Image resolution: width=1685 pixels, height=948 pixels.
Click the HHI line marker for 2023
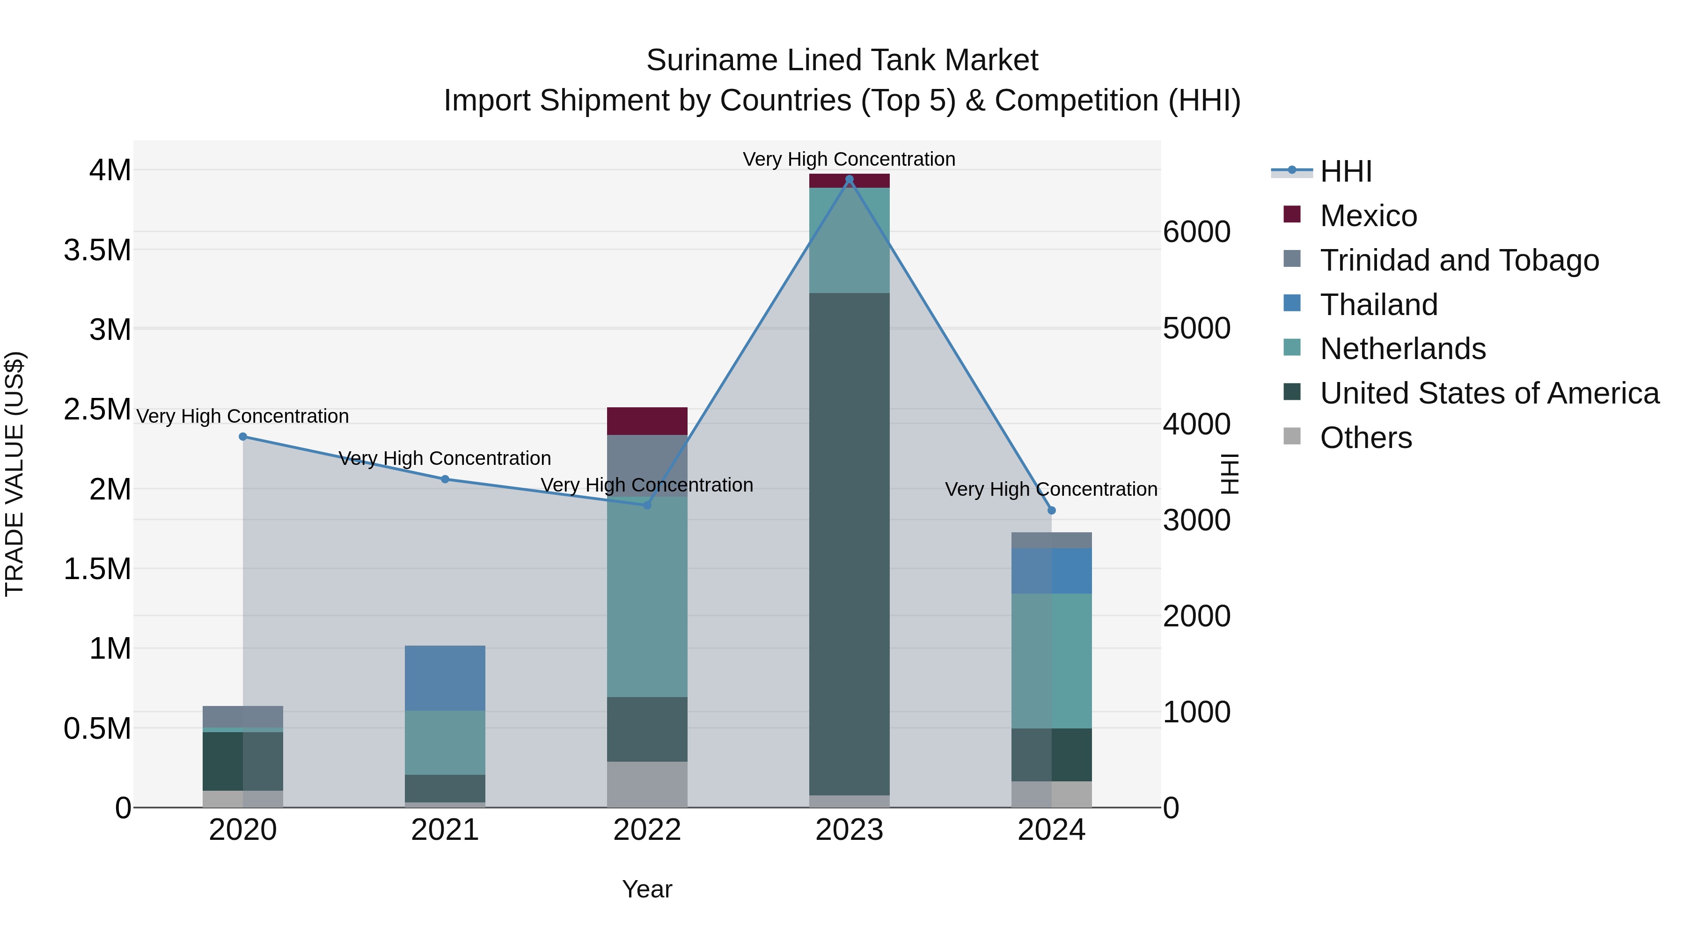[x=849, y=179]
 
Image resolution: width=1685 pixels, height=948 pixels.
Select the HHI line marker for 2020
[x=242, y=436]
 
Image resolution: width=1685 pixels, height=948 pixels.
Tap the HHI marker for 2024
[x=1051, y=510]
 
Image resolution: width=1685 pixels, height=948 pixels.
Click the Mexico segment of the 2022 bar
[x=647, y=421]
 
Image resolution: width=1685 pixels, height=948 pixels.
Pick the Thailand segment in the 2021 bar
[x=445, y=678]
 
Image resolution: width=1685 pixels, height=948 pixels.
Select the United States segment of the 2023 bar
[x=849, y=543]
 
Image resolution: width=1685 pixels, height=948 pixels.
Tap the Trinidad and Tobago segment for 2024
[x=1051, y=540]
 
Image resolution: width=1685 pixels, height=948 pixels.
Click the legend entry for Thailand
[x=1378, y=305]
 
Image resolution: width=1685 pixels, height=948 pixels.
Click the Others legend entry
[x=1365, y=438]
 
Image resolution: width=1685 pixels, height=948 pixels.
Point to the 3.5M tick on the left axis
[x=97, y=250]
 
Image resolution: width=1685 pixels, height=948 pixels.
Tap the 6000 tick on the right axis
[x=1196, y=232]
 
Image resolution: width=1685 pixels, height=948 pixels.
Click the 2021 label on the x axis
[x=445, y=830]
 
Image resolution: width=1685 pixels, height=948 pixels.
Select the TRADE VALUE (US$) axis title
[x=15, y=474]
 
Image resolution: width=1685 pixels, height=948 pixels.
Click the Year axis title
[x=647, y=889]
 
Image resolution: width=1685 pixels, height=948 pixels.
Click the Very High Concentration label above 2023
[x=849, y=159]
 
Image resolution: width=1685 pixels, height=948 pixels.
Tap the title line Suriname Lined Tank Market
[x=842, y=60]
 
